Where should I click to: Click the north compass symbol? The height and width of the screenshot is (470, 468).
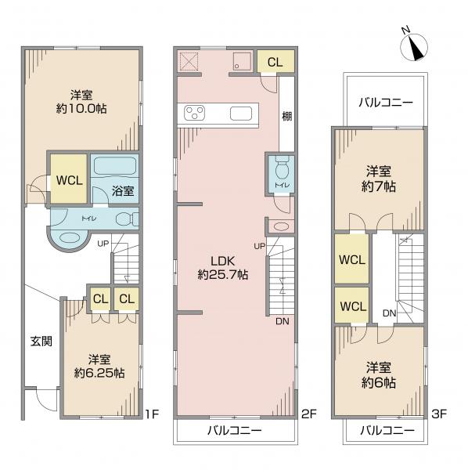point(413,45)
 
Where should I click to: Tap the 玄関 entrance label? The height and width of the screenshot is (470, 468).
point(41,341)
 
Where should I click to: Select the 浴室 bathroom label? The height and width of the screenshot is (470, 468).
point(123,191)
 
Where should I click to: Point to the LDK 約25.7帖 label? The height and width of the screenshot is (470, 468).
point(223,268)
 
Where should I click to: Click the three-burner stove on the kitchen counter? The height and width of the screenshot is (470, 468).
point(195,113)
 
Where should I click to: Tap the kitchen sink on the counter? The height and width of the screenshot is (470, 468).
point(241,114)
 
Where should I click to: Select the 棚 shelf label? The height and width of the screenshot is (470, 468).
point(287,116)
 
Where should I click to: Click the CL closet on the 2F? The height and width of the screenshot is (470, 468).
point(275,62)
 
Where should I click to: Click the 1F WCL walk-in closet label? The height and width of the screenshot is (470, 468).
point(70,180)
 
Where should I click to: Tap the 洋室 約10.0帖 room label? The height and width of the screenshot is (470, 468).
point(81,102)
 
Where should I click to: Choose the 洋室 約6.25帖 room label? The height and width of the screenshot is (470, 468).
point(99,367)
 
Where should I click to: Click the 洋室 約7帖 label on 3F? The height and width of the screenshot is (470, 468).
point(379,179)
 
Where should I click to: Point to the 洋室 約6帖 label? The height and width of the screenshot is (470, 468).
point(379,375)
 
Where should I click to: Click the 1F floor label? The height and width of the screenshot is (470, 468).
point(152,414)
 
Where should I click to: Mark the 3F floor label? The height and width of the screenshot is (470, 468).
point(439,414)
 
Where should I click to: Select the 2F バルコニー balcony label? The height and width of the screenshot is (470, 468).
point(235,431)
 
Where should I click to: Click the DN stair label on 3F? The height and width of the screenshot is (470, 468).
point(389,313)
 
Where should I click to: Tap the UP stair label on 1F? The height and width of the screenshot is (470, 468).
point(103,244)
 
